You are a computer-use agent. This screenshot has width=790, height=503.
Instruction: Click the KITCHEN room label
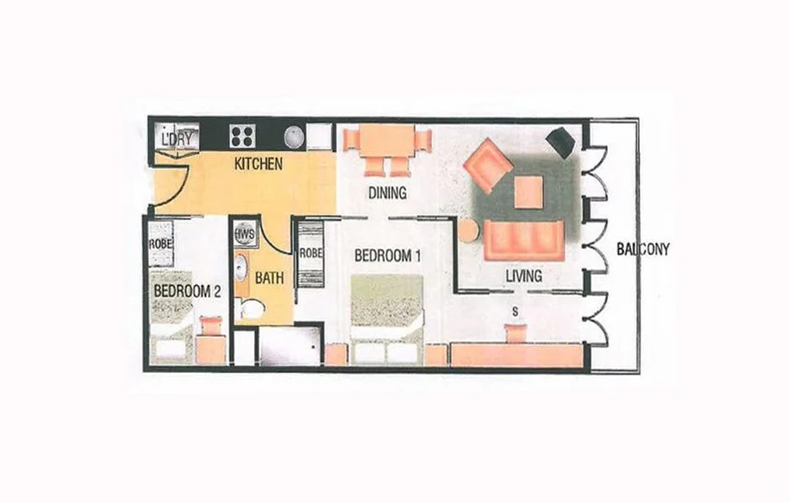click(258, 163)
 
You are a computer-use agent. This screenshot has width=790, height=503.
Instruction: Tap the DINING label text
click(387, 193)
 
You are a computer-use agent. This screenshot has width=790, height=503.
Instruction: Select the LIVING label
click(524, 276)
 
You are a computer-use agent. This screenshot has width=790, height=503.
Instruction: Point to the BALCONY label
click(643, 249)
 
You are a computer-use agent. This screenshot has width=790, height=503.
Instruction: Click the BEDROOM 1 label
click(387, 256)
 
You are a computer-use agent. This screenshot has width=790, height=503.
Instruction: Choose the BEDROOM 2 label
click(187, 291)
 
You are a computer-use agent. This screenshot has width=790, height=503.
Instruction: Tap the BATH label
click(269, 278)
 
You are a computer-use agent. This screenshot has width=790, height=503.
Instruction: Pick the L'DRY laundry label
click(177, 138)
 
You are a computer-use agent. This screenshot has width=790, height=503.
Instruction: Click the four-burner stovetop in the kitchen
click(242, 136)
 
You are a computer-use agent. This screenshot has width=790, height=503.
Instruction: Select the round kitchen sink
click(294, 137)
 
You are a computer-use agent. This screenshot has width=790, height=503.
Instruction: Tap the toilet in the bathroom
click(251, 308)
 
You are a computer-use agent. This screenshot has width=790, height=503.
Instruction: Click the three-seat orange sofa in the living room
click(523, 241)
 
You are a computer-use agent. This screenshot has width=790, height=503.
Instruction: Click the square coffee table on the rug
click(528, 191)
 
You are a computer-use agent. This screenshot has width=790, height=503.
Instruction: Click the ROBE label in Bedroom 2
click(161, 244)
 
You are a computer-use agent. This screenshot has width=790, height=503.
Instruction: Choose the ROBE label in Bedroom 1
click(311, 254)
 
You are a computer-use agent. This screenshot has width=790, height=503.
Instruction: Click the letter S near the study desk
click(515, 313)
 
